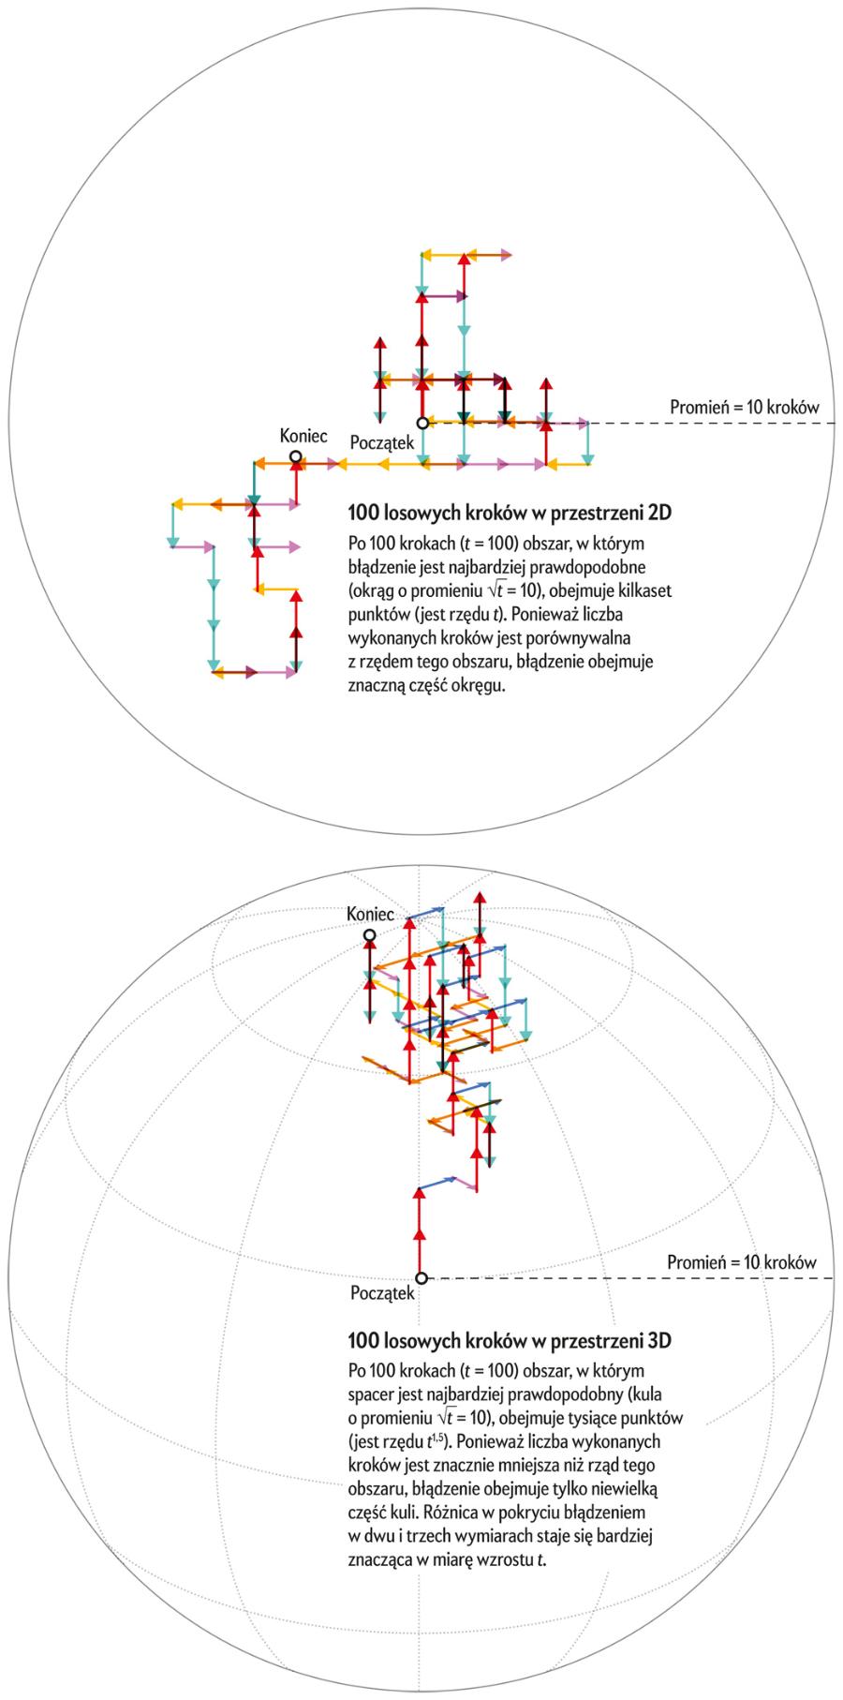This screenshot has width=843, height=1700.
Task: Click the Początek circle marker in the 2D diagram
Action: pyautogui.click(x=423, y=424)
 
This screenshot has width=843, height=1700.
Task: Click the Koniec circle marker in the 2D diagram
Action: pyautogui.click(x=296, y=457)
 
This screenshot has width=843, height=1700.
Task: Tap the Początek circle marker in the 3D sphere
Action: pyautogui.click(x=421, y=1278)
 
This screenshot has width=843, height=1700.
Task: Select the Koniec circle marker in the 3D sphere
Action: pyautogui.click(x=370, y=935)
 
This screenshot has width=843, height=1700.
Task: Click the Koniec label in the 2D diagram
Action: pyautogui.click(x=303, y=436)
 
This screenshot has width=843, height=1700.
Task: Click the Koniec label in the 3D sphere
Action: pyautogui.click(x=370, y=914)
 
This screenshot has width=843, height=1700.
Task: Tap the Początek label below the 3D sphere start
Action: pyautogui.click(x=381, y=1293)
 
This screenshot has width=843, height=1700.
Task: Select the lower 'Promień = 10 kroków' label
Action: pyautogui.click(x=743, y=1261)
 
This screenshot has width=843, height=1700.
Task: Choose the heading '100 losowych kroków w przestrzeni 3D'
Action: pyautogui.click(x=510, y=1340)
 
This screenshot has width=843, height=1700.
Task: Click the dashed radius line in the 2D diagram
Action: pyautogui.click(x=712, y=424)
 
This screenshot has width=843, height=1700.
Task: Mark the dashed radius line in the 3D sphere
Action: pyautogui.click(x=712, y=1278)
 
